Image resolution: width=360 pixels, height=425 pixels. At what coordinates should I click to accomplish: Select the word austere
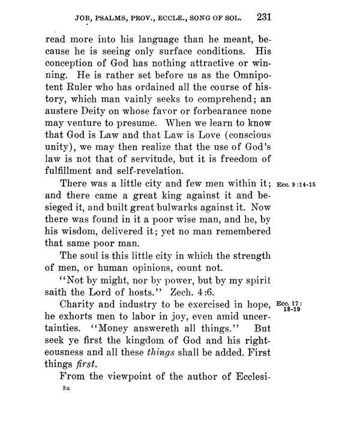65,123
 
